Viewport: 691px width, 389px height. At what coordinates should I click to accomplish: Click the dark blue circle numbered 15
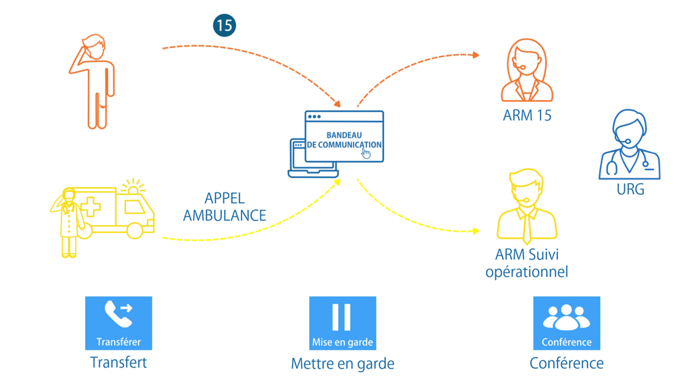pos(224,26)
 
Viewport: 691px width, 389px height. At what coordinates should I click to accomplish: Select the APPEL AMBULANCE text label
pos(225,207)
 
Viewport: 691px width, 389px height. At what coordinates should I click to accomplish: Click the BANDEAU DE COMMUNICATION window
pos(344,137)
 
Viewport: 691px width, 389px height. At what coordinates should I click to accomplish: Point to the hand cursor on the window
pos(366,154)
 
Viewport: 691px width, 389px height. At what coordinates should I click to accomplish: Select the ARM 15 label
pos(527,115)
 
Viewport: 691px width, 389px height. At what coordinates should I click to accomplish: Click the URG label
pos(630,190)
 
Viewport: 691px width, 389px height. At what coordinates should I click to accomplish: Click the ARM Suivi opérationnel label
pos(527,263)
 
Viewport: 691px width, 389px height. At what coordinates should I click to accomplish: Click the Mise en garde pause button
pos(342,323)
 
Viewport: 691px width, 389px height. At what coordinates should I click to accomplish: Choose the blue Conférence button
pos(566,323)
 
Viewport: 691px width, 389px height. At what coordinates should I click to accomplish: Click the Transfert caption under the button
pos(119,363)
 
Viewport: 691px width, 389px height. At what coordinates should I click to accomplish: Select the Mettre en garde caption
pos(342,364)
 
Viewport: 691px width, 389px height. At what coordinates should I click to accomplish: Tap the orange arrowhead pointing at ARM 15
pos(475,55)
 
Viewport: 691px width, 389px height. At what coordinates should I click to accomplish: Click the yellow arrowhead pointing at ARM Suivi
pos(475,231)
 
